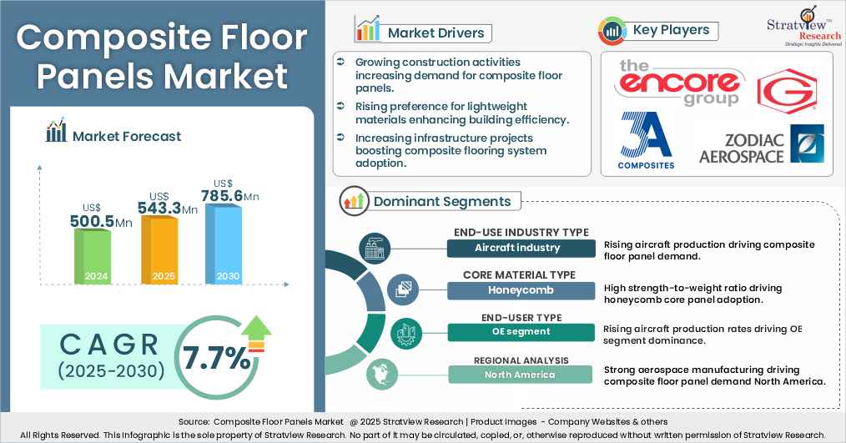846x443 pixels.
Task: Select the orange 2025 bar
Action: click(x=159, y=250)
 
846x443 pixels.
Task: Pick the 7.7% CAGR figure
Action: click(x=218, y=357)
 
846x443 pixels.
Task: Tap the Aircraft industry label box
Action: click(x=517, y=248)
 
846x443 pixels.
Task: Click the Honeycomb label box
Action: click(x=517, y=290)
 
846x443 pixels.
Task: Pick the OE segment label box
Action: click(x=517, y=332)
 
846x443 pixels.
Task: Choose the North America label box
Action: click(x=517, y=375)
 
